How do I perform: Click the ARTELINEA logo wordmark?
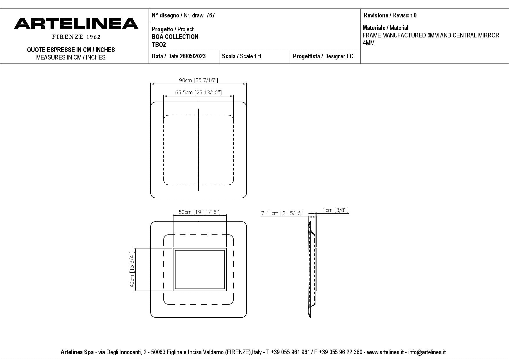pyautogui.click(x=76, y=24)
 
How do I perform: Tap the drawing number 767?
pyautogui.click(x=211, y=15)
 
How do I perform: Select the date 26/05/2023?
pyautogui.click(x=193, y=56)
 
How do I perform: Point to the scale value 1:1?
pyautogui.click(x=258, y=56)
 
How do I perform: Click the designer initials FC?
pyautogui.click(x=350, y=56)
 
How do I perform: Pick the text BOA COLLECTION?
pyautogui.click(x=175, y=37)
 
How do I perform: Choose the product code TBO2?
pyautogui.click(x=159, y=44)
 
